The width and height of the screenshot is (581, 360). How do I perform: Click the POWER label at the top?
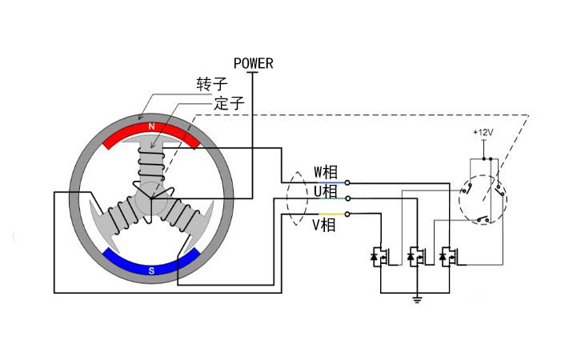(253, 63)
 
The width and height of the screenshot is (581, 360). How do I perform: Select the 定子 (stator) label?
(229, 103)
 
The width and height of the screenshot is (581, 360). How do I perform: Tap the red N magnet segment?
(151, 131)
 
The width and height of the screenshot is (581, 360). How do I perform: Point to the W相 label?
(325, 171)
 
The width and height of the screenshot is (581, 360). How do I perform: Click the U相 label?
(325, 191)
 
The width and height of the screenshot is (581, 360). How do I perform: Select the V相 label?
(323, 225)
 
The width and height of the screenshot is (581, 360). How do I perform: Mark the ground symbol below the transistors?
(416, 300)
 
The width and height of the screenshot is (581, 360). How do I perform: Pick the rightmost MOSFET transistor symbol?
(449, 256)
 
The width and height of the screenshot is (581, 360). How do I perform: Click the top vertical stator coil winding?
(150, 168)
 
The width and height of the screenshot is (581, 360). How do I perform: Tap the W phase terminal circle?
(347, 182)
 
